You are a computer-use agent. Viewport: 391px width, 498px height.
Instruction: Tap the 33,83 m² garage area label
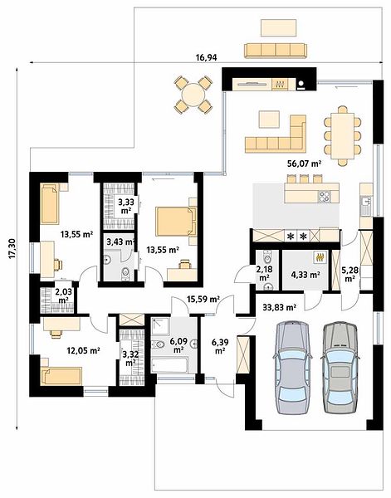tap(280, 307)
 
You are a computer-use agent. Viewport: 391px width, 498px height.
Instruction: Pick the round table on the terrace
tap(193, 94)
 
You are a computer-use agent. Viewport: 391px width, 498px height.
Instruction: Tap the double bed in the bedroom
tap(176, 222)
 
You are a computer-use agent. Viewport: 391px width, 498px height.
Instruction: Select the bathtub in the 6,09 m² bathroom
tap(170, 365)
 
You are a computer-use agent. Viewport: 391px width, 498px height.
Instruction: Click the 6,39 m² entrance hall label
tap(220, 346)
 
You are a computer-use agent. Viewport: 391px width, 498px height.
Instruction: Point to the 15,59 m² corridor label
tap(203, 299)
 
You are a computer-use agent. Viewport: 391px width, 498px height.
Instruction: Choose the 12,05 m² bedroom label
tap(84, 350)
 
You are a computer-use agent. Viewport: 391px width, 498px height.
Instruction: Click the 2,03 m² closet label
tap(62, 295)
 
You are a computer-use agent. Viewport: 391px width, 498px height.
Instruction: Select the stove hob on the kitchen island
tap(325, 196)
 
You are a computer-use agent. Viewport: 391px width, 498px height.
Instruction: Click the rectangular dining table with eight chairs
tap(342, 136)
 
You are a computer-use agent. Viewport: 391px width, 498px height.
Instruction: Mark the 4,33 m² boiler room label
tap(305, 275)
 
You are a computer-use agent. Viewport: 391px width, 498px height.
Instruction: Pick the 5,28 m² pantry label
tap(349, 275)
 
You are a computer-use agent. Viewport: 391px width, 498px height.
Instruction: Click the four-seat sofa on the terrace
tap(276, 51)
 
